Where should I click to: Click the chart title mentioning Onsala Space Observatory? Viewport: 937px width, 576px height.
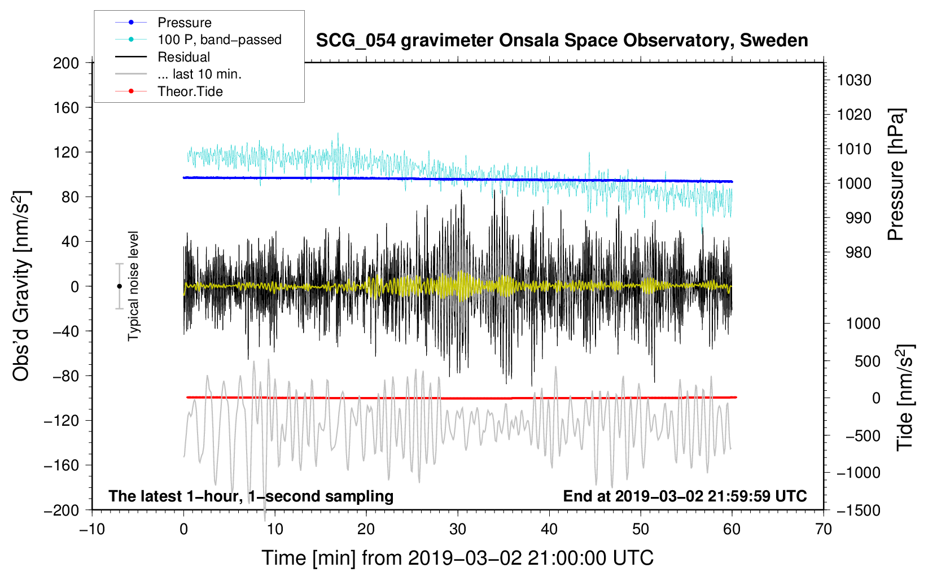coord(562,41)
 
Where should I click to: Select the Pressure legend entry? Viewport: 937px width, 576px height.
coord(185,23)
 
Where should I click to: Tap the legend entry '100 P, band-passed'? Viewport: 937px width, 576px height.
coord(219,40)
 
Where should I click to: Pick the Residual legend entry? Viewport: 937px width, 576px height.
coord(183,57)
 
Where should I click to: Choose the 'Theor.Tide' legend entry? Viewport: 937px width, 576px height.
coord(190,91)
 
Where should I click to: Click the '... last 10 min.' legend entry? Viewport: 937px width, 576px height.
coord(199,74)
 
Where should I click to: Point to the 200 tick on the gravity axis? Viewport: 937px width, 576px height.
coord(66,63)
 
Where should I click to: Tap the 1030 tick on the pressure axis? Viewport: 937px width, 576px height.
coord(854,80)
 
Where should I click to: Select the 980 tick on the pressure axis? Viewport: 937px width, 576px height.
coord(858,252)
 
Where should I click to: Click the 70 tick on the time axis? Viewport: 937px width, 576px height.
coord(824,529)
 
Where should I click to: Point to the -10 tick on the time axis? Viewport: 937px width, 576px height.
coord(92,529)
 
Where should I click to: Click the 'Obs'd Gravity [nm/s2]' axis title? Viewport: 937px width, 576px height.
coord(21,286)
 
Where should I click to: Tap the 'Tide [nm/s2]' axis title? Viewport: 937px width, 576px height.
coord(905,398)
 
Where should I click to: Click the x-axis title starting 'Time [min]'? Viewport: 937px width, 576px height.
coord(457,558)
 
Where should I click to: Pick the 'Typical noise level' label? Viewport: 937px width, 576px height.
coord(133,286)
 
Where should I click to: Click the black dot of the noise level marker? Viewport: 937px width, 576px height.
coord(119,286)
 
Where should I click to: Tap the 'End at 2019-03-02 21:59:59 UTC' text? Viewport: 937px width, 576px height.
coord(685,496)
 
